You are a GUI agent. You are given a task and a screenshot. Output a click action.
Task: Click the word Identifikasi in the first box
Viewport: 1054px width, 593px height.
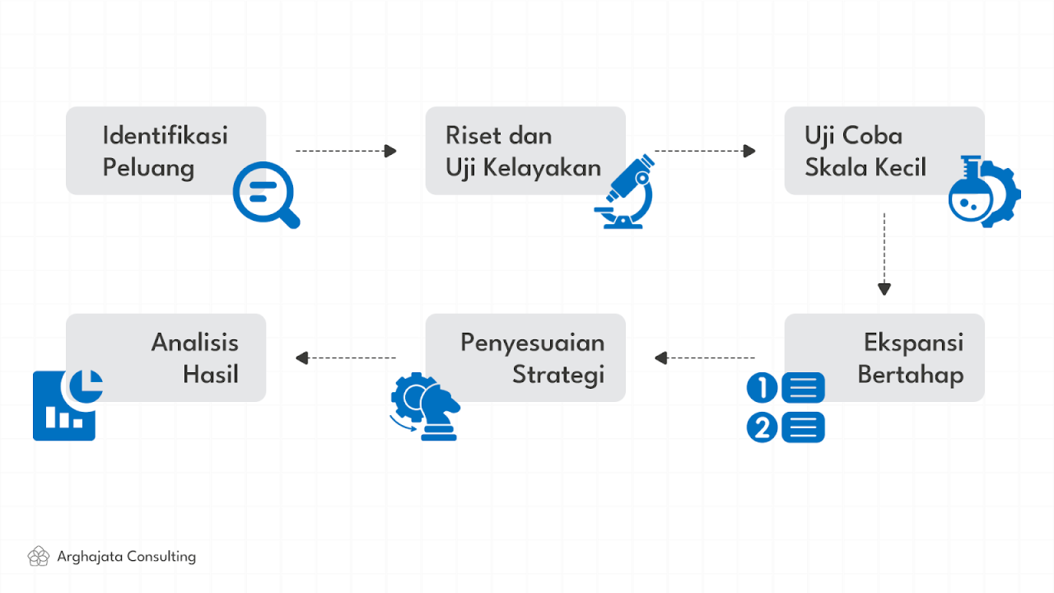click(165, 135)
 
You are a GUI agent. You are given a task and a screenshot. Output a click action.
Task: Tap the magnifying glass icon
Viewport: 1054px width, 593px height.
click(265, 194)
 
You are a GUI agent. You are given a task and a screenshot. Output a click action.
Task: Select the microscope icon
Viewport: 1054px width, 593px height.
click(624, 193)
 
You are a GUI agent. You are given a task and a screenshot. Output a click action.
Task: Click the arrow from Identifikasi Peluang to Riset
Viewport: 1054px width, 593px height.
click(346, 151)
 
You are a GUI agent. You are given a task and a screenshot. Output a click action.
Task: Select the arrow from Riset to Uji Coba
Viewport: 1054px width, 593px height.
click(705, 151)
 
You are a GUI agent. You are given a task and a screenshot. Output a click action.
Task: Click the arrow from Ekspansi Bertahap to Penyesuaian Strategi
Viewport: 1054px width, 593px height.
click(705, 357)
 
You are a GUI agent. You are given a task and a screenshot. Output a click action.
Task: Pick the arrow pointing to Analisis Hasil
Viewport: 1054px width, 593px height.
click(346, 357)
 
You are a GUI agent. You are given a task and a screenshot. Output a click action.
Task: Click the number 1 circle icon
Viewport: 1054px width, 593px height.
click(763, 387)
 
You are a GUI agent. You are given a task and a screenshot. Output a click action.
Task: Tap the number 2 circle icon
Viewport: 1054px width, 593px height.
click(763, 427)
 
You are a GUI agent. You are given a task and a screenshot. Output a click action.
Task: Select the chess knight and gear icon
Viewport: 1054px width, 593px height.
click(424, 406)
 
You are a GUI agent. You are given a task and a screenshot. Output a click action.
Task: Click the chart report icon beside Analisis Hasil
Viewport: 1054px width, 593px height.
click(66, 405)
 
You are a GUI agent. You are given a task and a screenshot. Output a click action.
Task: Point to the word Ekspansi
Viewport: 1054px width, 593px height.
click(913, 342)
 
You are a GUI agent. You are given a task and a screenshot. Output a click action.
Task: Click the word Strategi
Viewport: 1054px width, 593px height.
click(558, 375)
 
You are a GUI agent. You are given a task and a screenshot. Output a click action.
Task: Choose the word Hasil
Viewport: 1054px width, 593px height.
click(210, 375)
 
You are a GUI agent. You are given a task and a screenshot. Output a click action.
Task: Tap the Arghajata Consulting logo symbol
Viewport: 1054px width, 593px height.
click(38, 557)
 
